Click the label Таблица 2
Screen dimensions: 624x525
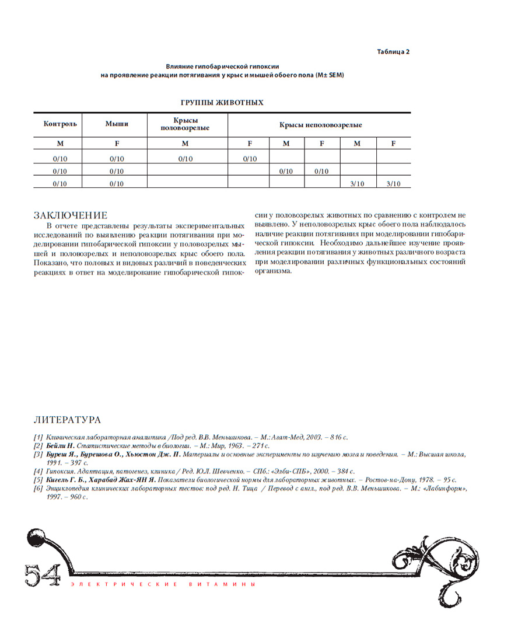click(x=393, y=51)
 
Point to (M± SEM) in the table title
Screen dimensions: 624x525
click(x=329, y=75)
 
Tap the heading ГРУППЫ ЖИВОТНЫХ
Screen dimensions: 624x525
click(x=222, y=103)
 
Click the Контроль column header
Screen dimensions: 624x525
click(x=60, y=124)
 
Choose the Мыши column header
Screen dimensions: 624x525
click(x=117, y=124)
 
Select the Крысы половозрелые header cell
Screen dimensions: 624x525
click(x=185, y=124)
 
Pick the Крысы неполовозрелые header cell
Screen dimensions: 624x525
click(x=320, y=125)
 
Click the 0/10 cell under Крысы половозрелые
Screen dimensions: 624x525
click(x=185, y=158)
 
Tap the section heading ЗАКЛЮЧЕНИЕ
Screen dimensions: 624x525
click(x=71, y=215)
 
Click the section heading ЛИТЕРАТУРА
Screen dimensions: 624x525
click(x=67, y=420)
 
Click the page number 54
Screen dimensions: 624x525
click(x=42, y=574)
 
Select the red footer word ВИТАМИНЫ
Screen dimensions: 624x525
click(x=232, y=584)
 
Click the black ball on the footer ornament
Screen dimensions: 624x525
click(x=37, y=534)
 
